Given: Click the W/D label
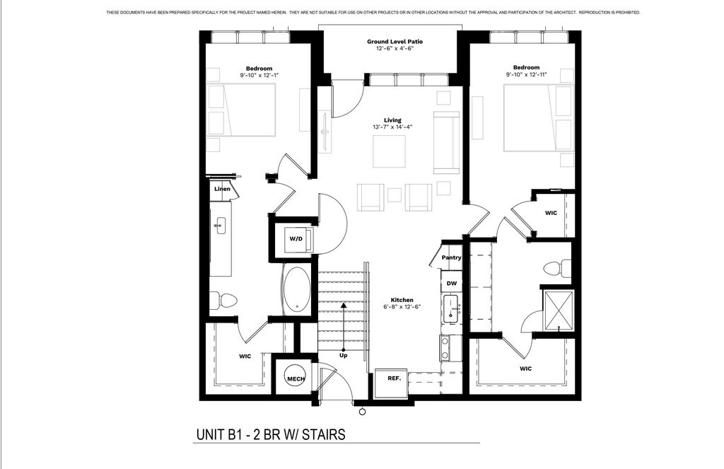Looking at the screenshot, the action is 296,239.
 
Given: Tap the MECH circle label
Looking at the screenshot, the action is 296,379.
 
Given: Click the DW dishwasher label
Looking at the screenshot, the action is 452,283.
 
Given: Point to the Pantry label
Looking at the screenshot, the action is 451,257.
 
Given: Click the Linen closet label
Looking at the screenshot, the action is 222,189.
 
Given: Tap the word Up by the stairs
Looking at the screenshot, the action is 344,355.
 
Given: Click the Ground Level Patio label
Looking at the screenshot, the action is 395,42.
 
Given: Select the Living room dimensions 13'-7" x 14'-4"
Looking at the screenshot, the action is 392,127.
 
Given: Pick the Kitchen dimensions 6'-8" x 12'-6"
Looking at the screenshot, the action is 402,307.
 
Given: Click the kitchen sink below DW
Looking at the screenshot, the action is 450,309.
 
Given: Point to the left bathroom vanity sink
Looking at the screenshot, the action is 219,226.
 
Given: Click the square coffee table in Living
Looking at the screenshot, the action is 390,151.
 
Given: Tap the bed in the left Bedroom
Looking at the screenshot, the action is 242,110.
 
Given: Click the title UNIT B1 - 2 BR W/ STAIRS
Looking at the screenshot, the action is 271,435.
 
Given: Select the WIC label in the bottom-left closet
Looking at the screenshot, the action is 245,357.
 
